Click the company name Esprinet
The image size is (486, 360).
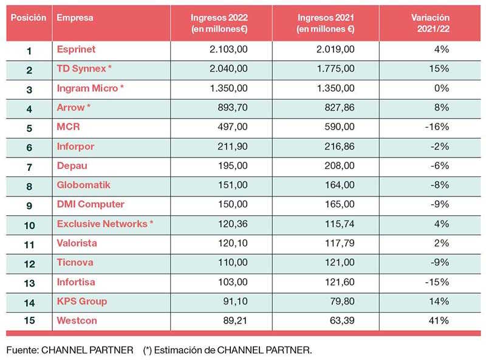point(76,49)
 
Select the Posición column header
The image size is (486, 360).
point(28,18)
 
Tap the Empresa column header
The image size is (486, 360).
point(75,18)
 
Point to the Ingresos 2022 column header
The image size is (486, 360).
point(220,23)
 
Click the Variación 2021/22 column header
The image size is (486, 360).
point(432,23)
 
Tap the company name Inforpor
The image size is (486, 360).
point(75,147)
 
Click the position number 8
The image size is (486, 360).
point(29,185)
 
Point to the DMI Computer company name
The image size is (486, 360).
point(91,204)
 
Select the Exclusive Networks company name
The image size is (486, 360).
point(104,224)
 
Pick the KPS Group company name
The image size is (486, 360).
point(81,301)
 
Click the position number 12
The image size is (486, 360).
point(29,263)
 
